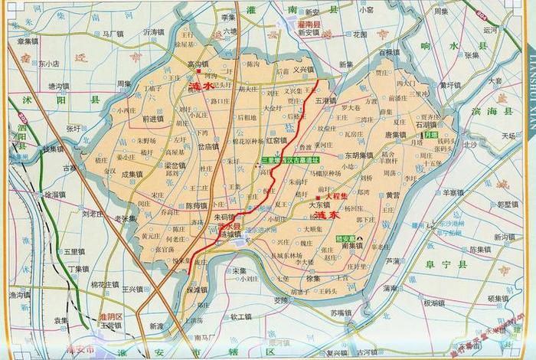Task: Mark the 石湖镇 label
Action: tap(425, 124)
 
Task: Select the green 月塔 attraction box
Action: tap(431, 135)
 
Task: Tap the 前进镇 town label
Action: tap(155, 119)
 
